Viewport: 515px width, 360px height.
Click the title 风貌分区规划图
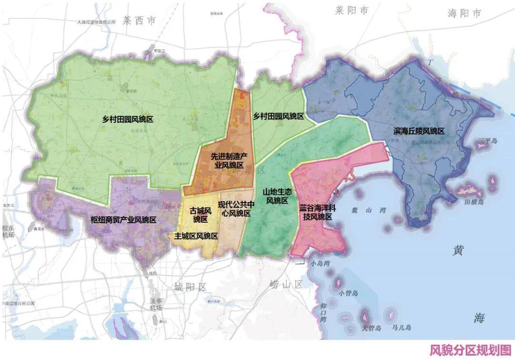coord(470,350)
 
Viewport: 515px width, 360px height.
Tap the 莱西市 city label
coord(139,20)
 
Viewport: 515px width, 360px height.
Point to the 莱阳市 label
coord(352,10)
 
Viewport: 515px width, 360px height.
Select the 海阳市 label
coord(465,13)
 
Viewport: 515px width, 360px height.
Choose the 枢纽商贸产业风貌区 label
coord(124,220)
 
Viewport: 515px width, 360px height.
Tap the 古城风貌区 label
coord(200,215)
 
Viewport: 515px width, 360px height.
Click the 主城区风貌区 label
coord(196,236)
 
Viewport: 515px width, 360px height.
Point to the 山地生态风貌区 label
coord(277,196)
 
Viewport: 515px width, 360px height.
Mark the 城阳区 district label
coord(190,287)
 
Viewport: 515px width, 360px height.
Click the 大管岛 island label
coord(371,328)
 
